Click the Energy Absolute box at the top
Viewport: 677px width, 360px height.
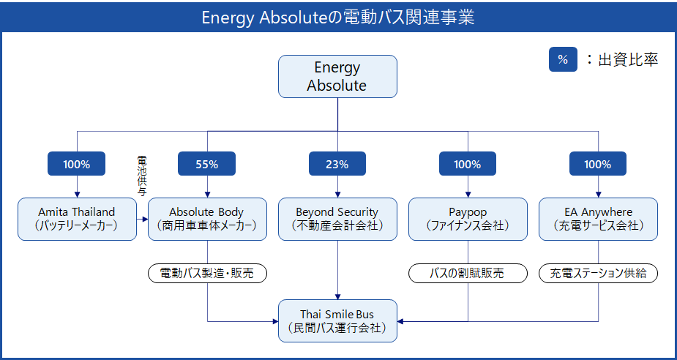point(337,76)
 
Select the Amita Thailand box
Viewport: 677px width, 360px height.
point(77,219)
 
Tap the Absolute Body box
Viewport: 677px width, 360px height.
point(207,219)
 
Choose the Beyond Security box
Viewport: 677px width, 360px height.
point(337,219)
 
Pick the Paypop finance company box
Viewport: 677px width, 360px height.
point(468,219)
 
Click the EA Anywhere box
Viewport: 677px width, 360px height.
point(598,219)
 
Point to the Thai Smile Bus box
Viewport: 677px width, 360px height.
point(337,320)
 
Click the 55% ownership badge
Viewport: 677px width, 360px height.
point(207,164)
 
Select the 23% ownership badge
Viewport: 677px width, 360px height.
point(337,164)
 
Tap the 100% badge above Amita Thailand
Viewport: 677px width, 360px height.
point(76,164)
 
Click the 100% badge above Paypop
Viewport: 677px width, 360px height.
point(468,164)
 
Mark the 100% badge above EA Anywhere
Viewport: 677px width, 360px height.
point(598,164)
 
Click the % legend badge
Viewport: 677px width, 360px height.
point(563,59)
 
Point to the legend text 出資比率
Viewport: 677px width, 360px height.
point(628,60)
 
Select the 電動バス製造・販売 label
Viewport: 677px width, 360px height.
point(207,274)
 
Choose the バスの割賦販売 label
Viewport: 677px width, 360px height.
point(468,274)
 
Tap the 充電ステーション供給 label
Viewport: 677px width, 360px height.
point(599,274)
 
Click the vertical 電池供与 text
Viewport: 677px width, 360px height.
point(141,176)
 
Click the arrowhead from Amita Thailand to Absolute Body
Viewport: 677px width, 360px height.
point(146,220)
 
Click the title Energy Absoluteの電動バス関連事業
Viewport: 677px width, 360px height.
point(338,18)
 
